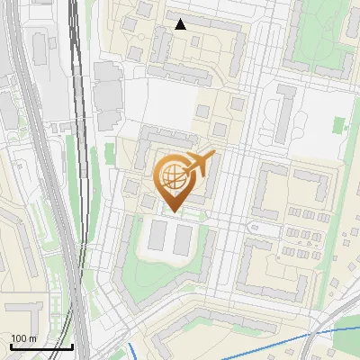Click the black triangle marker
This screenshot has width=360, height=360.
[x=181, y=24]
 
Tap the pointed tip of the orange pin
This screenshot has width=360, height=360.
[x=172, y=211]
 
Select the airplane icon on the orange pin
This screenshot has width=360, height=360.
[x=201, y=163]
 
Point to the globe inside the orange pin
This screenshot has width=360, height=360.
[x=171, y=176]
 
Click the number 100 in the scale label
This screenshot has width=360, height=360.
[x=18, y=338]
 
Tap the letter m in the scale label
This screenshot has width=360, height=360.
[x=31, y=338]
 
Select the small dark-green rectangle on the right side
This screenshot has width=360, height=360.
[x=339, y=125]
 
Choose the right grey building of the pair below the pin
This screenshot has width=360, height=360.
[x=184, y=238]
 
